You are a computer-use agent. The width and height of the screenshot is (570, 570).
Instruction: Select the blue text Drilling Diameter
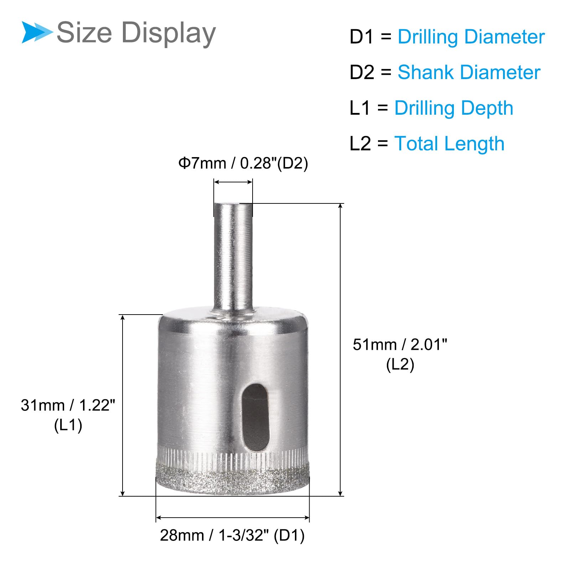(x=471, y=37)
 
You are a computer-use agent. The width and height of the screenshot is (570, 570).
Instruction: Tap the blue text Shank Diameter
(x=469, y=72)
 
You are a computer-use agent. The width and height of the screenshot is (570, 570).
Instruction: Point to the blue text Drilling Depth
(x=454, y=108)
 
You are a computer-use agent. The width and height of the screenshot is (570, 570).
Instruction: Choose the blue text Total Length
(x=449, y=144)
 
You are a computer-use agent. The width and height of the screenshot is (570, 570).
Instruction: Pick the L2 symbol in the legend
(x=361, y=144)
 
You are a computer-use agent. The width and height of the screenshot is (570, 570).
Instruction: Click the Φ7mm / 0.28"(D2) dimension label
(x=243, y=163)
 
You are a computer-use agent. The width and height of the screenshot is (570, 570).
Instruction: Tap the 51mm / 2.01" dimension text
(x=400, y=344)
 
